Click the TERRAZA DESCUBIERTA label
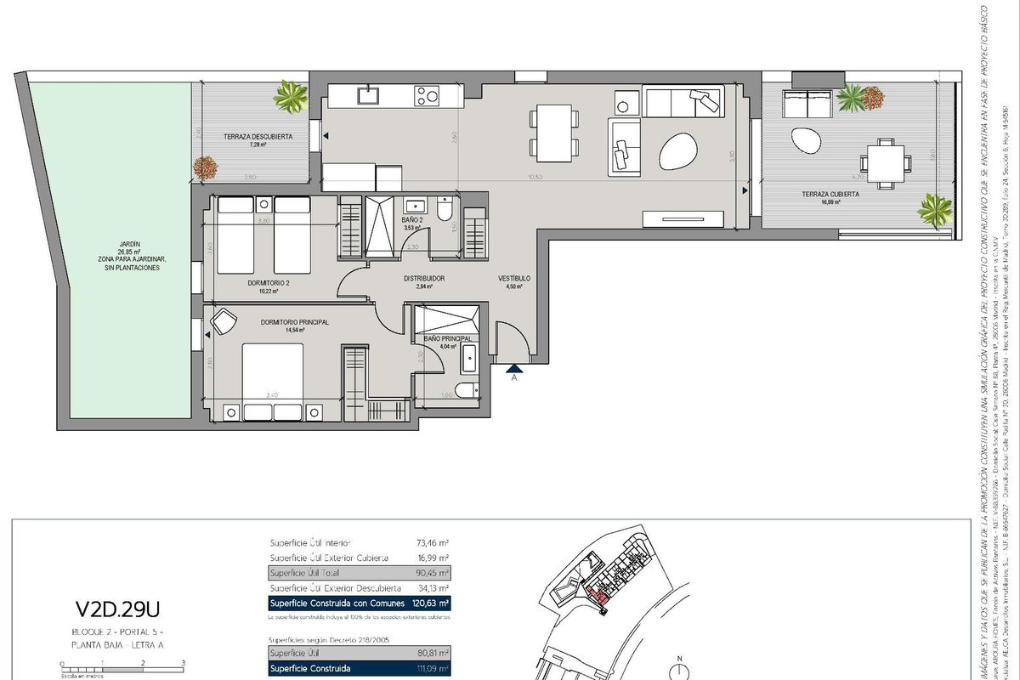tap(258, 136)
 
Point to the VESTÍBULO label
tap(514, 278)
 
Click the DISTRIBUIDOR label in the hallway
tap(424, 278)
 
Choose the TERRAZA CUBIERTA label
tap(806, 194)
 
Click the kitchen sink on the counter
tap(368, 95)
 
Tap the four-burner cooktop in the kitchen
tap(428, 96)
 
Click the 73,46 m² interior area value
tap(431, 542)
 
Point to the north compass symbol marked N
tap(679, 667)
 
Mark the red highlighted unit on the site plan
tap(598, 598)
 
